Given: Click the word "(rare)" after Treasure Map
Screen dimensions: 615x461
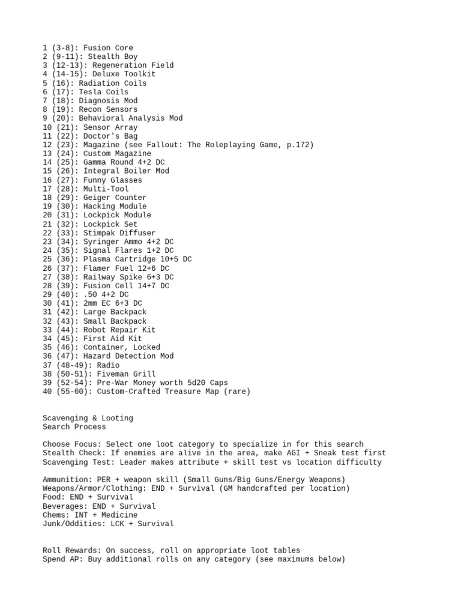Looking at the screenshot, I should pos(236,392).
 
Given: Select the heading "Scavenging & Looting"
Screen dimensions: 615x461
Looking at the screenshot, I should pos(88,418).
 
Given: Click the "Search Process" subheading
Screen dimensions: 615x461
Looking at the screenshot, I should pos(74,427).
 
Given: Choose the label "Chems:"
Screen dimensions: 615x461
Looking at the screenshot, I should pos(56,515).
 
